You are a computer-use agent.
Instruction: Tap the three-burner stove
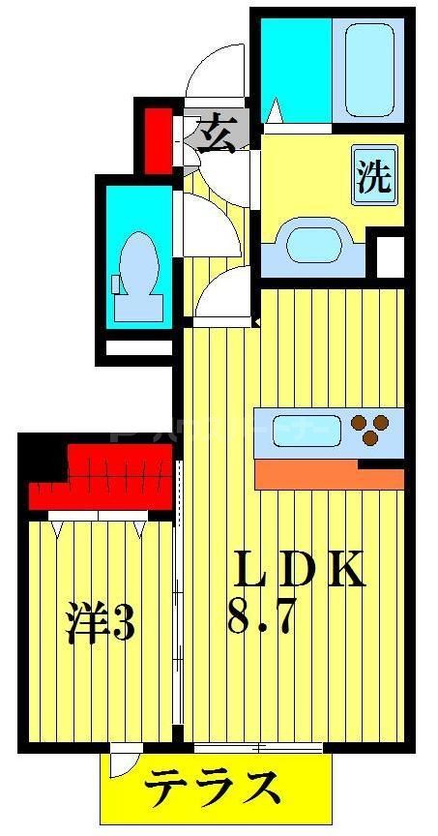pos(371,429)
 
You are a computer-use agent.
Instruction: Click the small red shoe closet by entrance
pos(157,140)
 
